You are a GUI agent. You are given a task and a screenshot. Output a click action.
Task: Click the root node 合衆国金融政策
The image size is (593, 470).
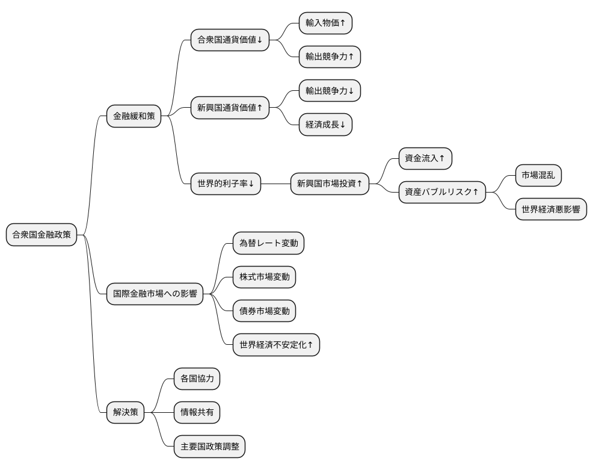click(41, 235)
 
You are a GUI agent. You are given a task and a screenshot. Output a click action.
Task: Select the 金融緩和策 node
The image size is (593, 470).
click(134, 116)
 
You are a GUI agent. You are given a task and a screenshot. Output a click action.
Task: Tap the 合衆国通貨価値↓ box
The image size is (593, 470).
click(230, 40)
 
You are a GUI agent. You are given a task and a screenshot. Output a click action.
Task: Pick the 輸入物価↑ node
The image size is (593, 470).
click(325, 23)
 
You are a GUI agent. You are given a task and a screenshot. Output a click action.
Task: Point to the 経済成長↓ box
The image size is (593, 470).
click(325, 125)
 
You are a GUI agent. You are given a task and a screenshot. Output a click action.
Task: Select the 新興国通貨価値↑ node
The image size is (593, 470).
click(230, 108)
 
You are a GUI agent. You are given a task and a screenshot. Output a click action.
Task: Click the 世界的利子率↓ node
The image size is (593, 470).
click(226, 184)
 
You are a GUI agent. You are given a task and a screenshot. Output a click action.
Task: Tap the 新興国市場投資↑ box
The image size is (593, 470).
click(330, 184)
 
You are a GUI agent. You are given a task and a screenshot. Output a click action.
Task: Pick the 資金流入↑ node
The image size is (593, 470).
click(425, 158)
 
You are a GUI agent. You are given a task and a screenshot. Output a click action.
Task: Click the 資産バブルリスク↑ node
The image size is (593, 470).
click(442, 192)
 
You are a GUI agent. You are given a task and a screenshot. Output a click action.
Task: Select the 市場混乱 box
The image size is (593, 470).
click(539, 175)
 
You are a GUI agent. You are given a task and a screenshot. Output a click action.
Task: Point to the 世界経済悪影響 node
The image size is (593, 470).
click(551, 209)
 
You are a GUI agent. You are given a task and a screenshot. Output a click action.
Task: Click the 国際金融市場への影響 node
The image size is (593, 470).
click(155, 294)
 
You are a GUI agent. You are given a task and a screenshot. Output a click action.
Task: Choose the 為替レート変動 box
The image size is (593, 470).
click(268, 243)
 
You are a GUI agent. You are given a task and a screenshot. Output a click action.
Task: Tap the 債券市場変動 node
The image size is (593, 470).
click(265, 311)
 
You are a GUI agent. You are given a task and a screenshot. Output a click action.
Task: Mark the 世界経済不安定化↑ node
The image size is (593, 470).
click(276, 345)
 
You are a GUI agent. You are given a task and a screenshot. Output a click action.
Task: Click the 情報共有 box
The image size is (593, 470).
click(197, 413)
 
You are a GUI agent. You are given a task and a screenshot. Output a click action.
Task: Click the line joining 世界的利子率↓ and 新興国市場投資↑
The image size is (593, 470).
click(275, 184)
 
